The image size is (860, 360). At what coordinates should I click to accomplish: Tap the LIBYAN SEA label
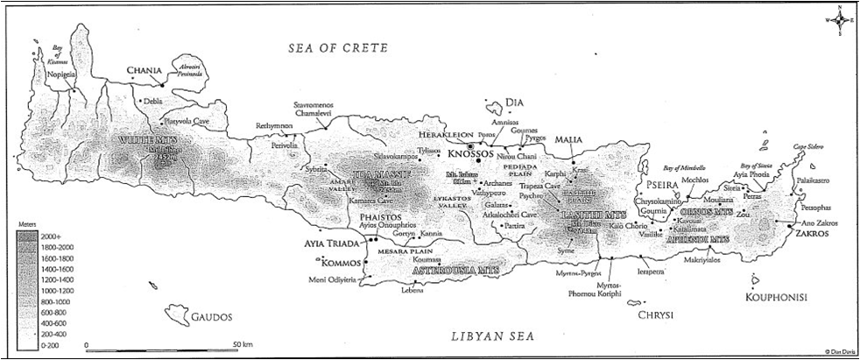490,335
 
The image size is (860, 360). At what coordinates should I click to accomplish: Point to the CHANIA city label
144,70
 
